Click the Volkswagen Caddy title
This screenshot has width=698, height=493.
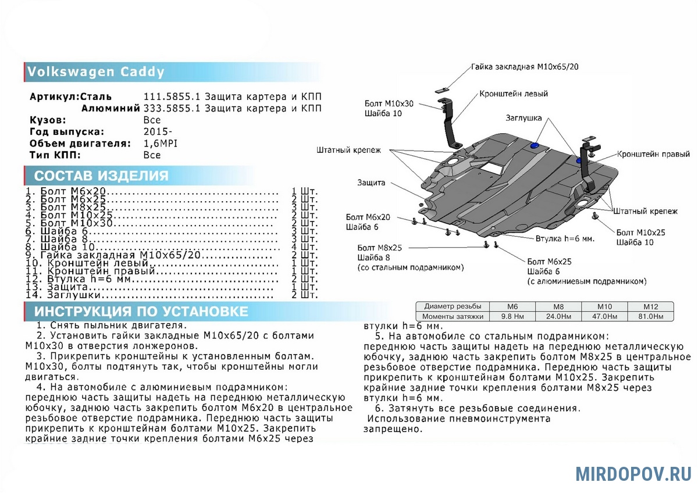coord(97,72)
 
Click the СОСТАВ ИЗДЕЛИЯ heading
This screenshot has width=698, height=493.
coord(101,176)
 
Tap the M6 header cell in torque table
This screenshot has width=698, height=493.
coord(512,306)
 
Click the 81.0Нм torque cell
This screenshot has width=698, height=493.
coord(650,316)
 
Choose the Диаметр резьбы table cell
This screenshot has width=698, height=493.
coord(453,306)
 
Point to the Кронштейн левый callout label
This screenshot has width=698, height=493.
coord(514,94)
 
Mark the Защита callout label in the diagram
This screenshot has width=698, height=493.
coord(371,183)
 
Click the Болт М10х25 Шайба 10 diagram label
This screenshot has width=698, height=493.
coord(640,237)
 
